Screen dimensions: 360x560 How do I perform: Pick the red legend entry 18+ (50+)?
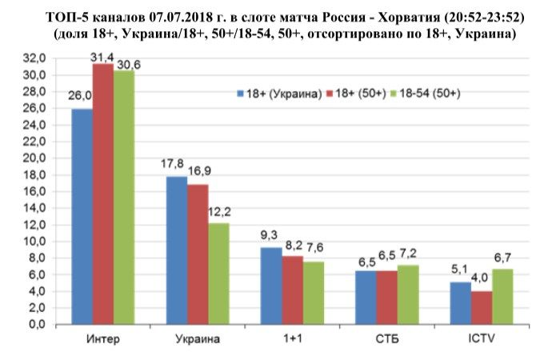coord(357,94)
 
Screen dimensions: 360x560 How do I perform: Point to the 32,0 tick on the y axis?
coord(35,58)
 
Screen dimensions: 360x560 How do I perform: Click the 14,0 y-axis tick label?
coord(35,208)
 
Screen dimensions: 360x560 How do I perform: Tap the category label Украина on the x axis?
coord(197,338)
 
